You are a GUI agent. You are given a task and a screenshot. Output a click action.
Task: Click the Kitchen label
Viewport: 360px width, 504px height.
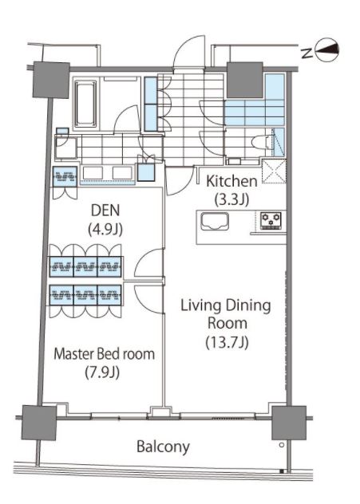[x=231, y=181]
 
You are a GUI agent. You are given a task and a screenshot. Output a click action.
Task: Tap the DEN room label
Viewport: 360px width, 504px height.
[x=105, y=211]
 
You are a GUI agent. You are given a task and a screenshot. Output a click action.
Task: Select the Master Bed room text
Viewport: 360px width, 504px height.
[x=105, y=354]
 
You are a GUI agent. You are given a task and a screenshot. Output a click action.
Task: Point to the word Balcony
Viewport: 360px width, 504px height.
[x=163, y=447]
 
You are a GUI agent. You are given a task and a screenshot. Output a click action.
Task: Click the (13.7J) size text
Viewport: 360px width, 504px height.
[x=227, y=342]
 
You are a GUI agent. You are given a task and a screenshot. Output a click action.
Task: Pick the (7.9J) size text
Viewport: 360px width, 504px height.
[x=102, y=372]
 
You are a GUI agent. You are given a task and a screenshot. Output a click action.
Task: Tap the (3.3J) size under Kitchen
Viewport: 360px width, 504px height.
[x=231, y=199]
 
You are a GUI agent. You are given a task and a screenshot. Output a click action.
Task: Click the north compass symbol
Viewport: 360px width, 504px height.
[x=326, y=49]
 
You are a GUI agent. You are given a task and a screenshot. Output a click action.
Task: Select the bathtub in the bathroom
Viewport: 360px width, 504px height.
[x=85, y=103]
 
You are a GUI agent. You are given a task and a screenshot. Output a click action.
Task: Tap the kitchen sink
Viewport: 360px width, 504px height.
[x=215, y=222]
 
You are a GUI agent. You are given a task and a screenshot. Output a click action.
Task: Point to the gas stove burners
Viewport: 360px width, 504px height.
[x=271, y=220]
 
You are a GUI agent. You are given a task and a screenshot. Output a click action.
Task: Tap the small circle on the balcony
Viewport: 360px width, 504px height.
[x=282, y=445]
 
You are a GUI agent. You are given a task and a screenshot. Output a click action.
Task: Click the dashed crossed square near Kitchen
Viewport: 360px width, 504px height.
[x=274, y=171]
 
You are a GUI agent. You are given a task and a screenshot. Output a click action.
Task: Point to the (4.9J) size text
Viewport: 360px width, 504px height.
[x=105, y=229]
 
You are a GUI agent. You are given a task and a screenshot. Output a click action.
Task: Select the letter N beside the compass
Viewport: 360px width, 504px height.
[x=307, y=53]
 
